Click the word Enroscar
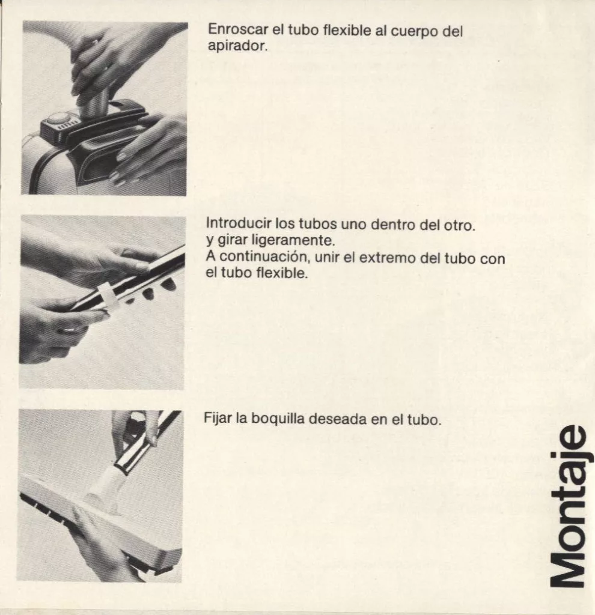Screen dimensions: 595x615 [x=237, y=29]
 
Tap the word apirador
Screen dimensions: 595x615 [x=237, y=46]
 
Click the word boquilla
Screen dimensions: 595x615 [x=278, y=419]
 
